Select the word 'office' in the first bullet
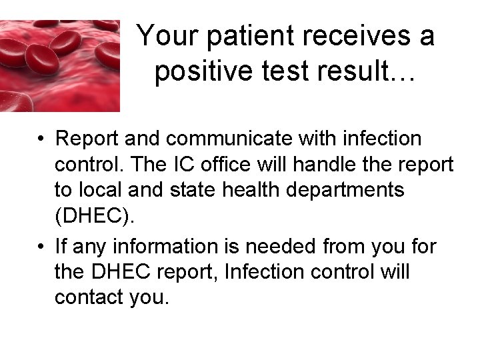241,164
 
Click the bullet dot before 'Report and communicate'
41,139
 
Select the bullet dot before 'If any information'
41,247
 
